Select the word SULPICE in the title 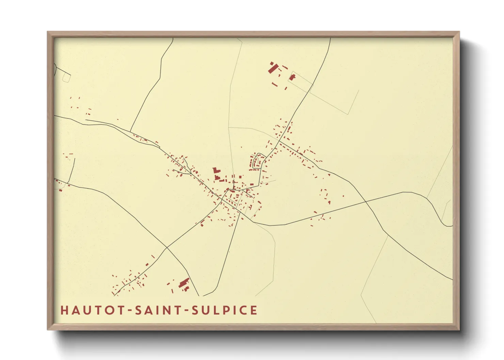224,310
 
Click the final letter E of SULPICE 253,310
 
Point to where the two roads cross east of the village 365,202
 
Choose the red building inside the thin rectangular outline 292,77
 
